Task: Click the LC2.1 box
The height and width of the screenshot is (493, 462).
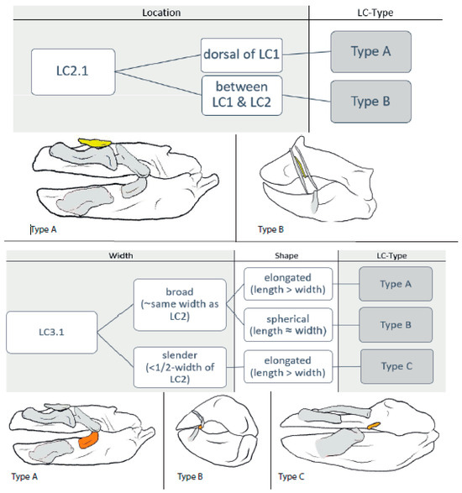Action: coord(73,71)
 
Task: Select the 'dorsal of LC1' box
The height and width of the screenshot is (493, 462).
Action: coord(242,55)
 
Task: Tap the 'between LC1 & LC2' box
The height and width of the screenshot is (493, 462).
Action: coord(242,95)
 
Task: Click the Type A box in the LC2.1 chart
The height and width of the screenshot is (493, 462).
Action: coord(370,51)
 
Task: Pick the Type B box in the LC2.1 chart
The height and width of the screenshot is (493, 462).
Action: coord(370,102)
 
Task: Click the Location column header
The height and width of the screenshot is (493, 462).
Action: coord(161,13)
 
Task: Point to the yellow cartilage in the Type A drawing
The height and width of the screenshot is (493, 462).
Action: coord(95,143)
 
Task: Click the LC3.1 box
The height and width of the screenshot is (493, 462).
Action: coord(51,332)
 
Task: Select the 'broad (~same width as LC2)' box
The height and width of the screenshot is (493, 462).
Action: coord(180,304)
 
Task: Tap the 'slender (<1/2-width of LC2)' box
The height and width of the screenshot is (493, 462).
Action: coord(180,367)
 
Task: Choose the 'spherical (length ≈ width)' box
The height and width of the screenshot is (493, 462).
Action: coord(288,325)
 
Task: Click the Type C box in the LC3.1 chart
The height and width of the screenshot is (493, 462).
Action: coord(396,366)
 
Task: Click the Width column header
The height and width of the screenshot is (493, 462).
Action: coord(121,255)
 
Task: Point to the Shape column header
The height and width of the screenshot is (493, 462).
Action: coord(286,255)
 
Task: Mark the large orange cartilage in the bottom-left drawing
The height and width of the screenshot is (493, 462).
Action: coord(88,439)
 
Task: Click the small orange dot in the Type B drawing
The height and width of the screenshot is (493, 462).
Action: coord(200,427)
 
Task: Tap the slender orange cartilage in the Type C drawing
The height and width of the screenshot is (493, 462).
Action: coord(374,426)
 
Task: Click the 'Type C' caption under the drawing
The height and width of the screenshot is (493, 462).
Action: coord(291,477)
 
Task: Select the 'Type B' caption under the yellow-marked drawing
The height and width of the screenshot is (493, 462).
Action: coord(270,229)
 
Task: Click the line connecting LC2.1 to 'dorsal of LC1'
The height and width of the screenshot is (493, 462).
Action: coord(158,63)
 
